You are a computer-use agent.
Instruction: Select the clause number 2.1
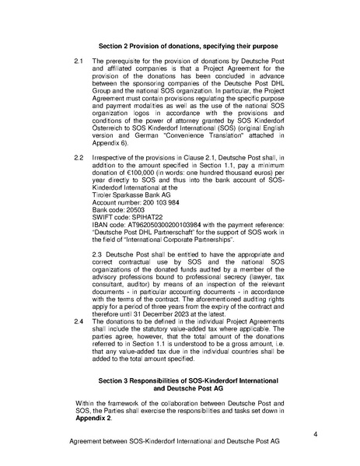pyautogui.click(x=78, y=60)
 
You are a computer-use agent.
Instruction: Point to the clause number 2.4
pyautogui.click(x=78, y=320)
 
